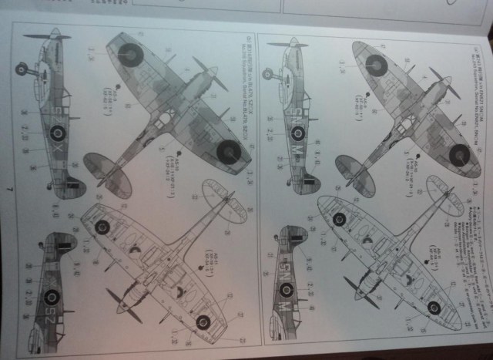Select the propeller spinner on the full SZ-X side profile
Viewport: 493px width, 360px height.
(55, 35)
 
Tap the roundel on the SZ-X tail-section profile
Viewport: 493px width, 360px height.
(52, 297)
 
